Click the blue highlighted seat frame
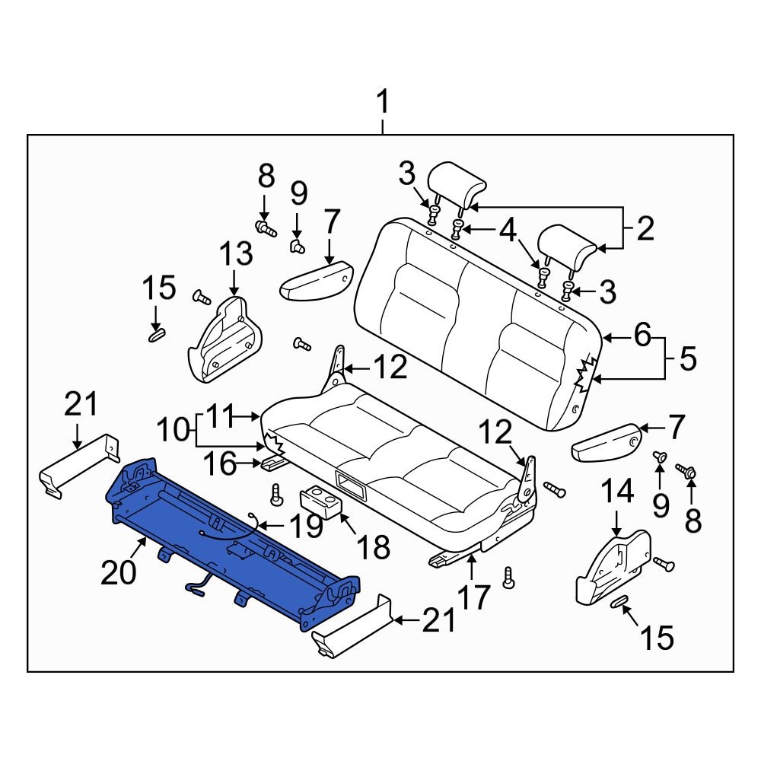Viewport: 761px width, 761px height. [228, 548]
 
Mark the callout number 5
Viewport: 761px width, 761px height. [687, 358]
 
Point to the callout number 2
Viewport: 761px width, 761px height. [645, 228]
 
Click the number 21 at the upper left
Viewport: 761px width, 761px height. [81, 403]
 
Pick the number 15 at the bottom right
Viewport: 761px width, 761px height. [656, 638]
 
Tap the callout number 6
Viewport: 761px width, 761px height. [643, 334]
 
